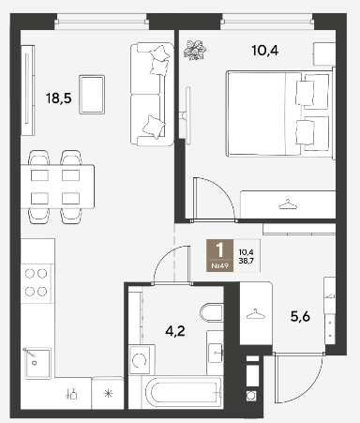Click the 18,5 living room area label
point(59,98)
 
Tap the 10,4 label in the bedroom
point(265,51)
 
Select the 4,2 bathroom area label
point(175,331)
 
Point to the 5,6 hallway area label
point(300,317)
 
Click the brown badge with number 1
point(220,255)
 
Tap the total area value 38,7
point(246,260)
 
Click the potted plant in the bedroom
point(195,50)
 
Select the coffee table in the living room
point(92,95)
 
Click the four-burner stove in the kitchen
point(37,282)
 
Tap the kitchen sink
point(37,363)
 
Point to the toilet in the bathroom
point(212,312)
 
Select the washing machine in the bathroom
point(142,360)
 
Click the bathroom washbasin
point(215,353)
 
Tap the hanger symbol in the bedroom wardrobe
point(288,204)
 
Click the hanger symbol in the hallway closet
point(256,314)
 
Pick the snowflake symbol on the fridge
point(108,393)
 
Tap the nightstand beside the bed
point(323,53)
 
